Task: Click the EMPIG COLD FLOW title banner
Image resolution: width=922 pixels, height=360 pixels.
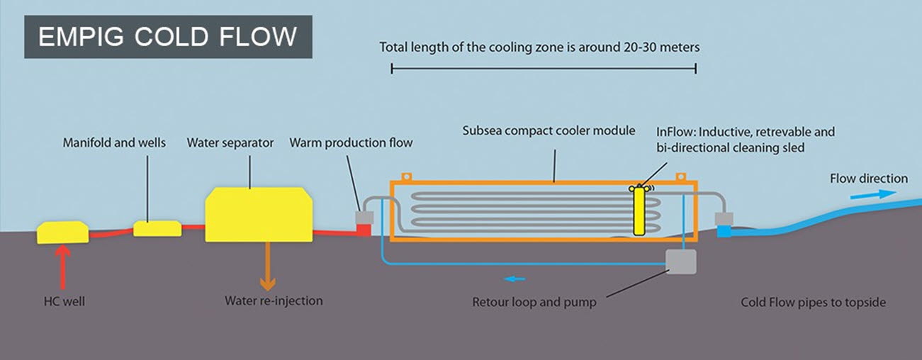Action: pyautogui.click(x=168, y=37)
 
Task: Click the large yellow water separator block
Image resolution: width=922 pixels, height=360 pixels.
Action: pyautogui.click(x=259, y=214)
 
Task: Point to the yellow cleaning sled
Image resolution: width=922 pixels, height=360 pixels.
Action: pyautogui.click(x=639, y=210)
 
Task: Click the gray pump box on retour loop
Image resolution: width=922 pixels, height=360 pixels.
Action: pyautogui.click(x=681, y=261)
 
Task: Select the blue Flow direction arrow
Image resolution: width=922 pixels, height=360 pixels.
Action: pyautogui.click(x=867, y=194)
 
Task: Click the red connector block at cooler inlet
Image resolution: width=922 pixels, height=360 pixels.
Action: pyautogui.click(x=364, y=230)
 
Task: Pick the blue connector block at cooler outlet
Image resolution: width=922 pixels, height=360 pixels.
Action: pyautogui.click(x=724, y=230)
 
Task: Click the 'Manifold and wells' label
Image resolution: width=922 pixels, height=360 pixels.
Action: pyautogui.click(x=114, y=143)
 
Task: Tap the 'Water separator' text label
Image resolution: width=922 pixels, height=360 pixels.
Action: pyautogui.click(x=230, y=143)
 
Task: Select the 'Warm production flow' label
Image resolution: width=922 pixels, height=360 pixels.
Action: pyautogui.click(x=351, y=143)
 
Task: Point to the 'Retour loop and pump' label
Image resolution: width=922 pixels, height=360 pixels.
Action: pyautogui.click(x=534, y=303)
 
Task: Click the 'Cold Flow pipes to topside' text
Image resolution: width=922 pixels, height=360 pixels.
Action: pyautogui.click(x=813, y=303)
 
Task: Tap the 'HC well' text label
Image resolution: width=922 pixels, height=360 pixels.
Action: pyautogui.click(x=64, y=302)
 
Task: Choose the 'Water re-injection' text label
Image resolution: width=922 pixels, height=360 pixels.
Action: pyautogui.click(x=274, y=301)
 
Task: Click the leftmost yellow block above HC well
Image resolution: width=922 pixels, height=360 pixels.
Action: pyautogui.click(x=62, y=232)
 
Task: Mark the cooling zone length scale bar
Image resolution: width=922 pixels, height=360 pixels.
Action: pyautogui.click(x=544, y=69)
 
